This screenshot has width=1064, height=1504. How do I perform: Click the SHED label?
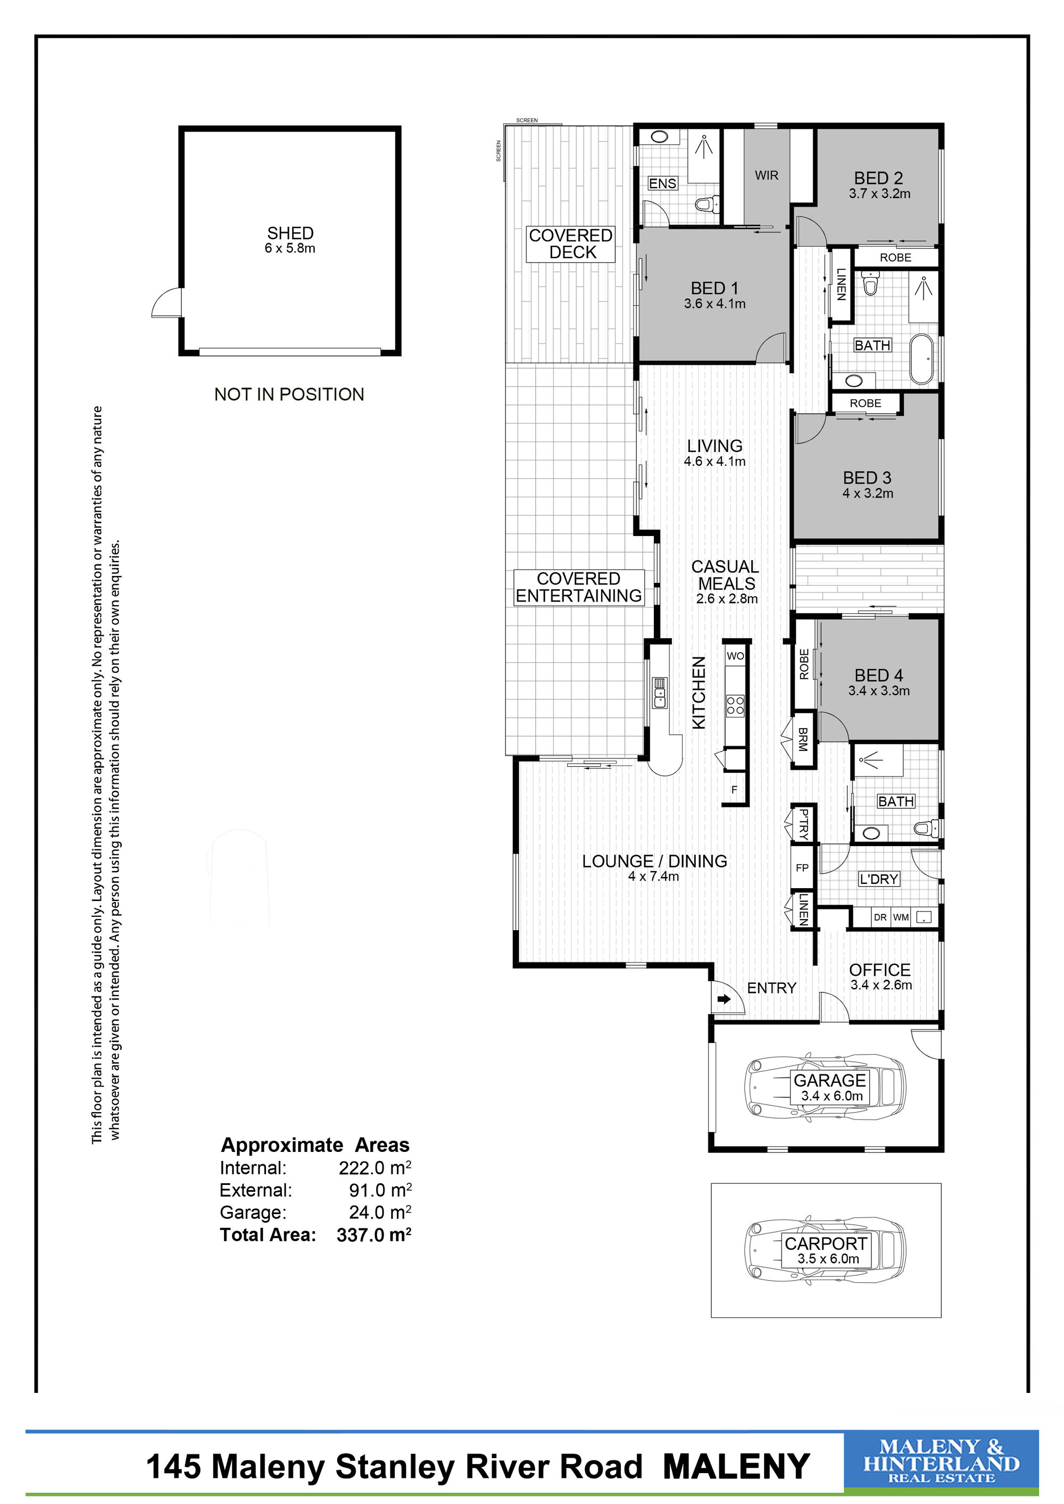[x=290, y=233]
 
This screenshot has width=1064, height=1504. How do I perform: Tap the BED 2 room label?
[x=878, y=178]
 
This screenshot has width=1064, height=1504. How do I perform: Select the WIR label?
[x=767, y=176]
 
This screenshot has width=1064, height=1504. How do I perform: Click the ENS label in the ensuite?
[x=662, y=183]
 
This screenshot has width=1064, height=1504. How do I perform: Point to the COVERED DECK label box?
[x=571, y=244]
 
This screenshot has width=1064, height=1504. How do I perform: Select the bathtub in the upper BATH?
[x=922, y=359]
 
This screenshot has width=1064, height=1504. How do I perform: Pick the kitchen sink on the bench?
[x=660, y=693]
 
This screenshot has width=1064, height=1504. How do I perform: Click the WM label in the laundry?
[x=901, y=917]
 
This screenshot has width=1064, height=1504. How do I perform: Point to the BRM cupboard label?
[x=803, y=739]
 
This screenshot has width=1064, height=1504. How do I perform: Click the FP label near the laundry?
[x=802, y=867]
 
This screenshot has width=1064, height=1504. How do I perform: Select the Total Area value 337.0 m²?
[x=374, y=1235]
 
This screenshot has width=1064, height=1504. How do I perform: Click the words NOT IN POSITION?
[x=289, y=394]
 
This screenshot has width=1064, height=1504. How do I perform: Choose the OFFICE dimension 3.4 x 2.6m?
[x=881, y=985]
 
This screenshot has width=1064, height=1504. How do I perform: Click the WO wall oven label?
[x=735, y=656]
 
